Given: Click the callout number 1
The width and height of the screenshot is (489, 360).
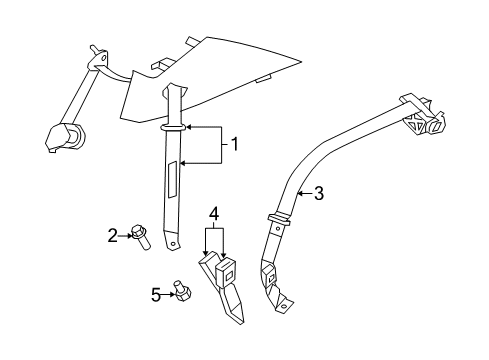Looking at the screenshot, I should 235,144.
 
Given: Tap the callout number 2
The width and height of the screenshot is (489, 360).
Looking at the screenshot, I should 113,234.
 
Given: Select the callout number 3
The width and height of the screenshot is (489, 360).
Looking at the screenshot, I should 318,194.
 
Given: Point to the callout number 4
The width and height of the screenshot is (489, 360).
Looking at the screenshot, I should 213,213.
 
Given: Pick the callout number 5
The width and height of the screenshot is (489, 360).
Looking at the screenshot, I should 155,294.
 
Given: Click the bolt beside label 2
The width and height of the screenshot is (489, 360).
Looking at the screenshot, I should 139,237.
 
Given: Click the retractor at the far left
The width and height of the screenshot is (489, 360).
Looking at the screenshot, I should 65,135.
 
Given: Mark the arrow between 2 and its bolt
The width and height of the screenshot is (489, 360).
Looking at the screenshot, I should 125,235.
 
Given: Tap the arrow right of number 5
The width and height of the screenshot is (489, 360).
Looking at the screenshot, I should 166,294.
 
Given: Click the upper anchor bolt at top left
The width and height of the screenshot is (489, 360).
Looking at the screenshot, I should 97,52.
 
